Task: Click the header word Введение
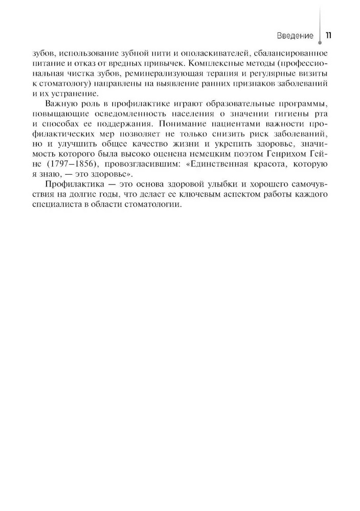[x=295, y=36]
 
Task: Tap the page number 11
[x=328, y=36]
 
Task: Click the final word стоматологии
[x=156, y=204]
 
